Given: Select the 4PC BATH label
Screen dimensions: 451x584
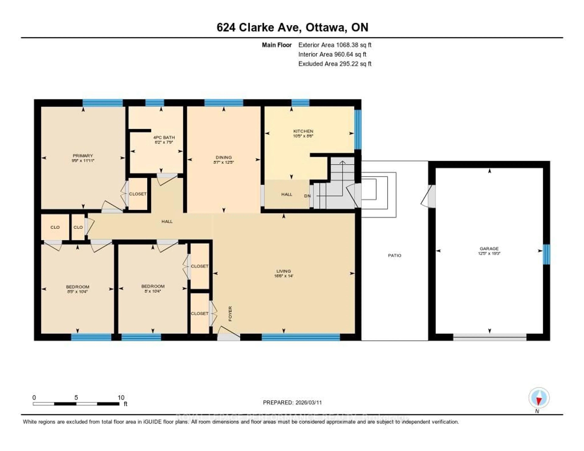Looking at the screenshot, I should coord(164,137).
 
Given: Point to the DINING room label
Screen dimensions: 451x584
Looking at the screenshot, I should coord(224,157).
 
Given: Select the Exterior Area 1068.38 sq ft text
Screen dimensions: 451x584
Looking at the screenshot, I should coord(335,45).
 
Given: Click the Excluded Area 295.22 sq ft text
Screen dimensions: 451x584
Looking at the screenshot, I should coord(335,64).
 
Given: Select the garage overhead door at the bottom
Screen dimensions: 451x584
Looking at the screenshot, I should coord(490,337).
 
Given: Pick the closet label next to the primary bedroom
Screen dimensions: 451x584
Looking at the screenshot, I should coord(138,194).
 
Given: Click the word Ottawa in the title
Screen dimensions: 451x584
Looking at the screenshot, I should coord(325,27).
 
